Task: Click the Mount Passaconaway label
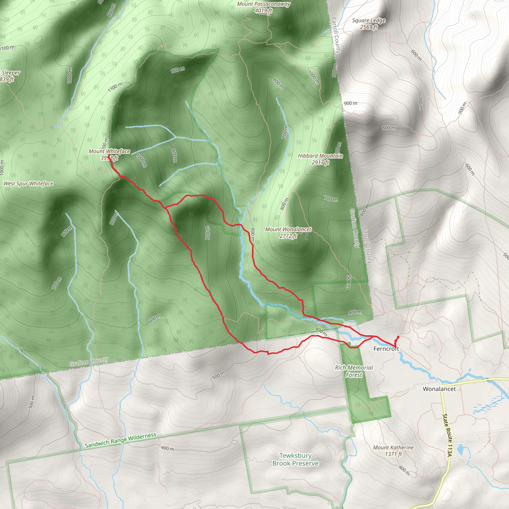[x=263, y=4]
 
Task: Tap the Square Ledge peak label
[x=369, y=21]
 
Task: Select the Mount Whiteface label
[x=109, y=151]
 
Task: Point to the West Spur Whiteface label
[x=28, y=184]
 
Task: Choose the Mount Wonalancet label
[x=288, y=229]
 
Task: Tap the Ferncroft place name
[x=386, y=349]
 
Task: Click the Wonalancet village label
[x=439, y=389]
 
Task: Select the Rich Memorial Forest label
[x=354, y=371]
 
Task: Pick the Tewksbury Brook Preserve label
[x=295, y=460]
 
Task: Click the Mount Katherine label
[x=393, y=447]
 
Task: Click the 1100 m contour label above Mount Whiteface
[x=115, y=87]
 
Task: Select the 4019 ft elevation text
[x=263, y=11]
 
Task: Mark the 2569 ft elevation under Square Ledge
[x=369, y=27]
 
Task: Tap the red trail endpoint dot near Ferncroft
[x=398, y=337]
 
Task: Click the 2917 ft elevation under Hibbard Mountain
[x=320, y=163]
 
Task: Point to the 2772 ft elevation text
[x=288, y=236]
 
